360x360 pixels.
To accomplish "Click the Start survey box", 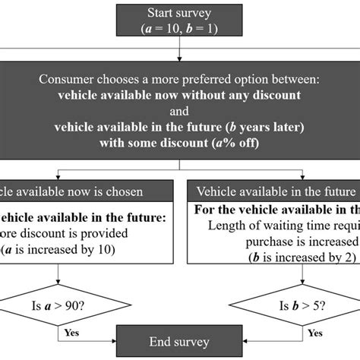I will coord(179,19).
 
